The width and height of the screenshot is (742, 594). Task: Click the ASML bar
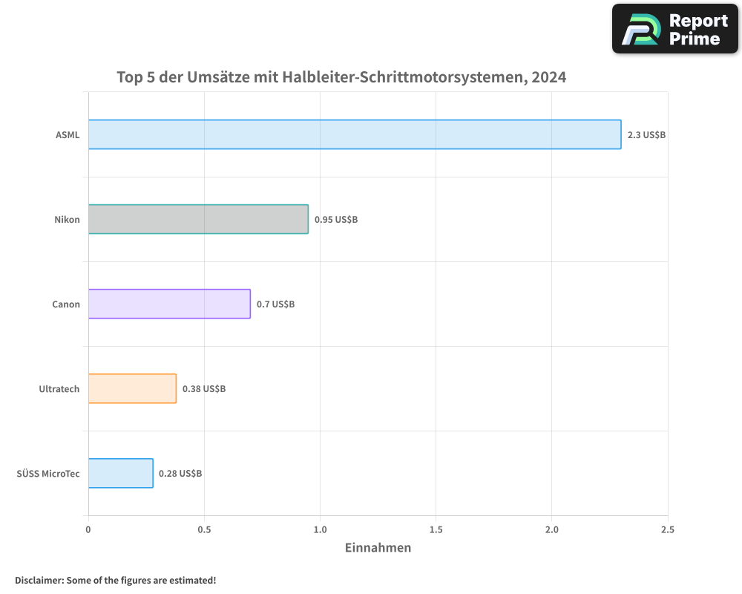(x=355, y=134)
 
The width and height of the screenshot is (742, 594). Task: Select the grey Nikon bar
(x=198, y=219)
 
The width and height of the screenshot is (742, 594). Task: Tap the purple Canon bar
(x=169, y=304)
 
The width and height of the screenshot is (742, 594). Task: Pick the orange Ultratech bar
(x=132, y=388)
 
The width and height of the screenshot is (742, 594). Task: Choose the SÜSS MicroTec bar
(x=120, y=473)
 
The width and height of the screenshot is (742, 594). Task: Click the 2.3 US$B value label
(x=646, y=135)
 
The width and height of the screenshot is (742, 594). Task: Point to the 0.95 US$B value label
(x=336, y=220)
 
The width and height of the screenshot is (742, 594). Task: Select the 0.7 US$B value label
(x=275, y=304)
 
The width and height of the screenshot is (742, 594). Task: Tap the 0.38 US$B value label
(x=204, y=389)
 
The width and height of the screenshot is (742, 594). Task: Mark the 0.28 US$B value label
(x=180, y=474)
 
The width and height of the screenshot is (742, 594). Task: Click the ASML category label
(x=68, y=135)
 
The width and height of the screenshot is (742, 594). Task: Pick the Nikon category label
(x=67, y=220)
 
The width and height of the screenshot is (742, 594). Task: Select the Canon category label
(x=66, y=304)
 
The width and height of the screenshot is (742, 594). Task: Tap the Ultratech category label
(x=59, y=389)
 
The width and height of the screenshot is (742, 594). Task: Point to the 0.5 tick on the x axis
(x=204, y=529)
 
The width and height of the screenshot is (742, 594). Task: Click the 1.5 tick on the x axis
(x=436, y=529)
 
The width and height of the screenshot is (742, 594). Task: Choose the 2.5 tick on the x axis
(x=668, y=529)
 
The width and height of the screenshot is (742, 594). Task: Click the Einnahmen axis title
(x=378, y=548)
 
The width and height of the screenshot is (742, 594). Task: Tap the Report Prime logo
(x=675, y=29)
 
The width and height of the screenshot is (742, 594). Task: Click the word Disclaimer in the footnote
(x=38, y=580)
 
